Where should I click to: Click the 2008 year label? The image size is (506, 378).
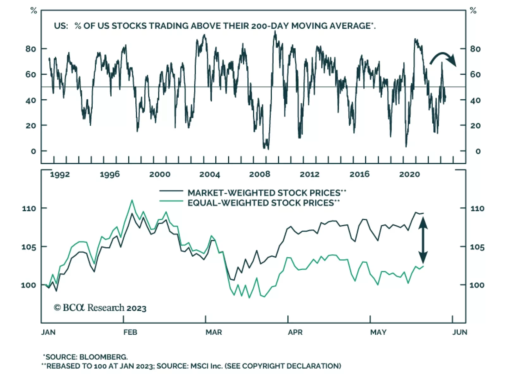point(259,174)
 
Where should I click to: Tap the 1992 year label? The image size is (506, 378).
point(60,174)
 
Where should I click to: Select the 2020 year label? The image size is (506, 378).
point(409,174)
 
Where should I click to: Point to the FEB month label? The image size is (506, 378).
point(130,332)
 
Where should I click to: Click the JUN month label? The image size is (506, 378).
point(460,332)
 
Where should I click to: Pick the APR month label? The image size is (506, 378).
point(295,332)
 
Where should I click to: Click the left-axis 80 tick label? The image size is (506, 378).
point(31,49)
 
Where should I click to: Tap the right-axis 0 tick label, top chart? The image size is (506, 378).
point(478,151)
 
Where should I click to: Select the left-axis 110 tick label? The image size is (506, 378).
point(29,209)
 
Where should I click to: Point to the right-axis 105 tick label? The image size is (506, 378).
point(477,247)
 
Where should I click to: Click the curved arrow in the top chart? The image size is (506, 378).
point(443,58)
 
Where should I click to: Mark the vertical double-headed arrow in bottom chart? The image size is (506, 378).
point(423,241)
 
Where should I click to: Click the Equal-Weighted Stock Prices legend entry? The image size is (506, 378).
point(263,203)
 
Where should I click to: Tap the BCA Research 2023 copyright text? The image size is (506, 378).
point(100,308)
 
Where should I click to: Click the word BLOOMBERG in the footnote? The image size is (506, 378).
point(103,357)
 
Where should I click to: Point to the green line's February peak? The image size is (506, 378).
point(132,200)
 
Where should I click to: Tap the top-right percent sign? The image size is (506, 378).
point(473,11)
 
